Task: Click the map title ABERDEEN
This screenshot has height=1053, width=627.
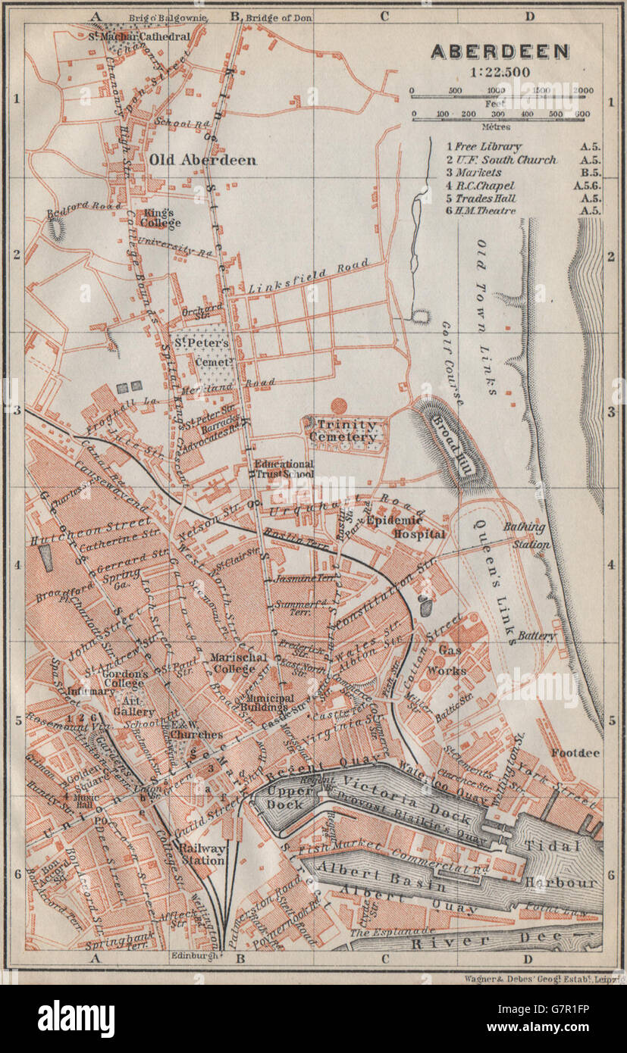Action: tap(500, 52)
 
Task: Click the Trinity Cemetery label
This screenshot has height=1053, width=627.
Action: tap(346, 431)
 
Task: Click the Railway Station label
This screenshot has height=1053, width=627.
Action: tap(202, 854)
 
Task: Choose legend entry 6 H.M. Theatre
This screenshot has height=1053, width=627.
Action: tap(485, 210)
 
